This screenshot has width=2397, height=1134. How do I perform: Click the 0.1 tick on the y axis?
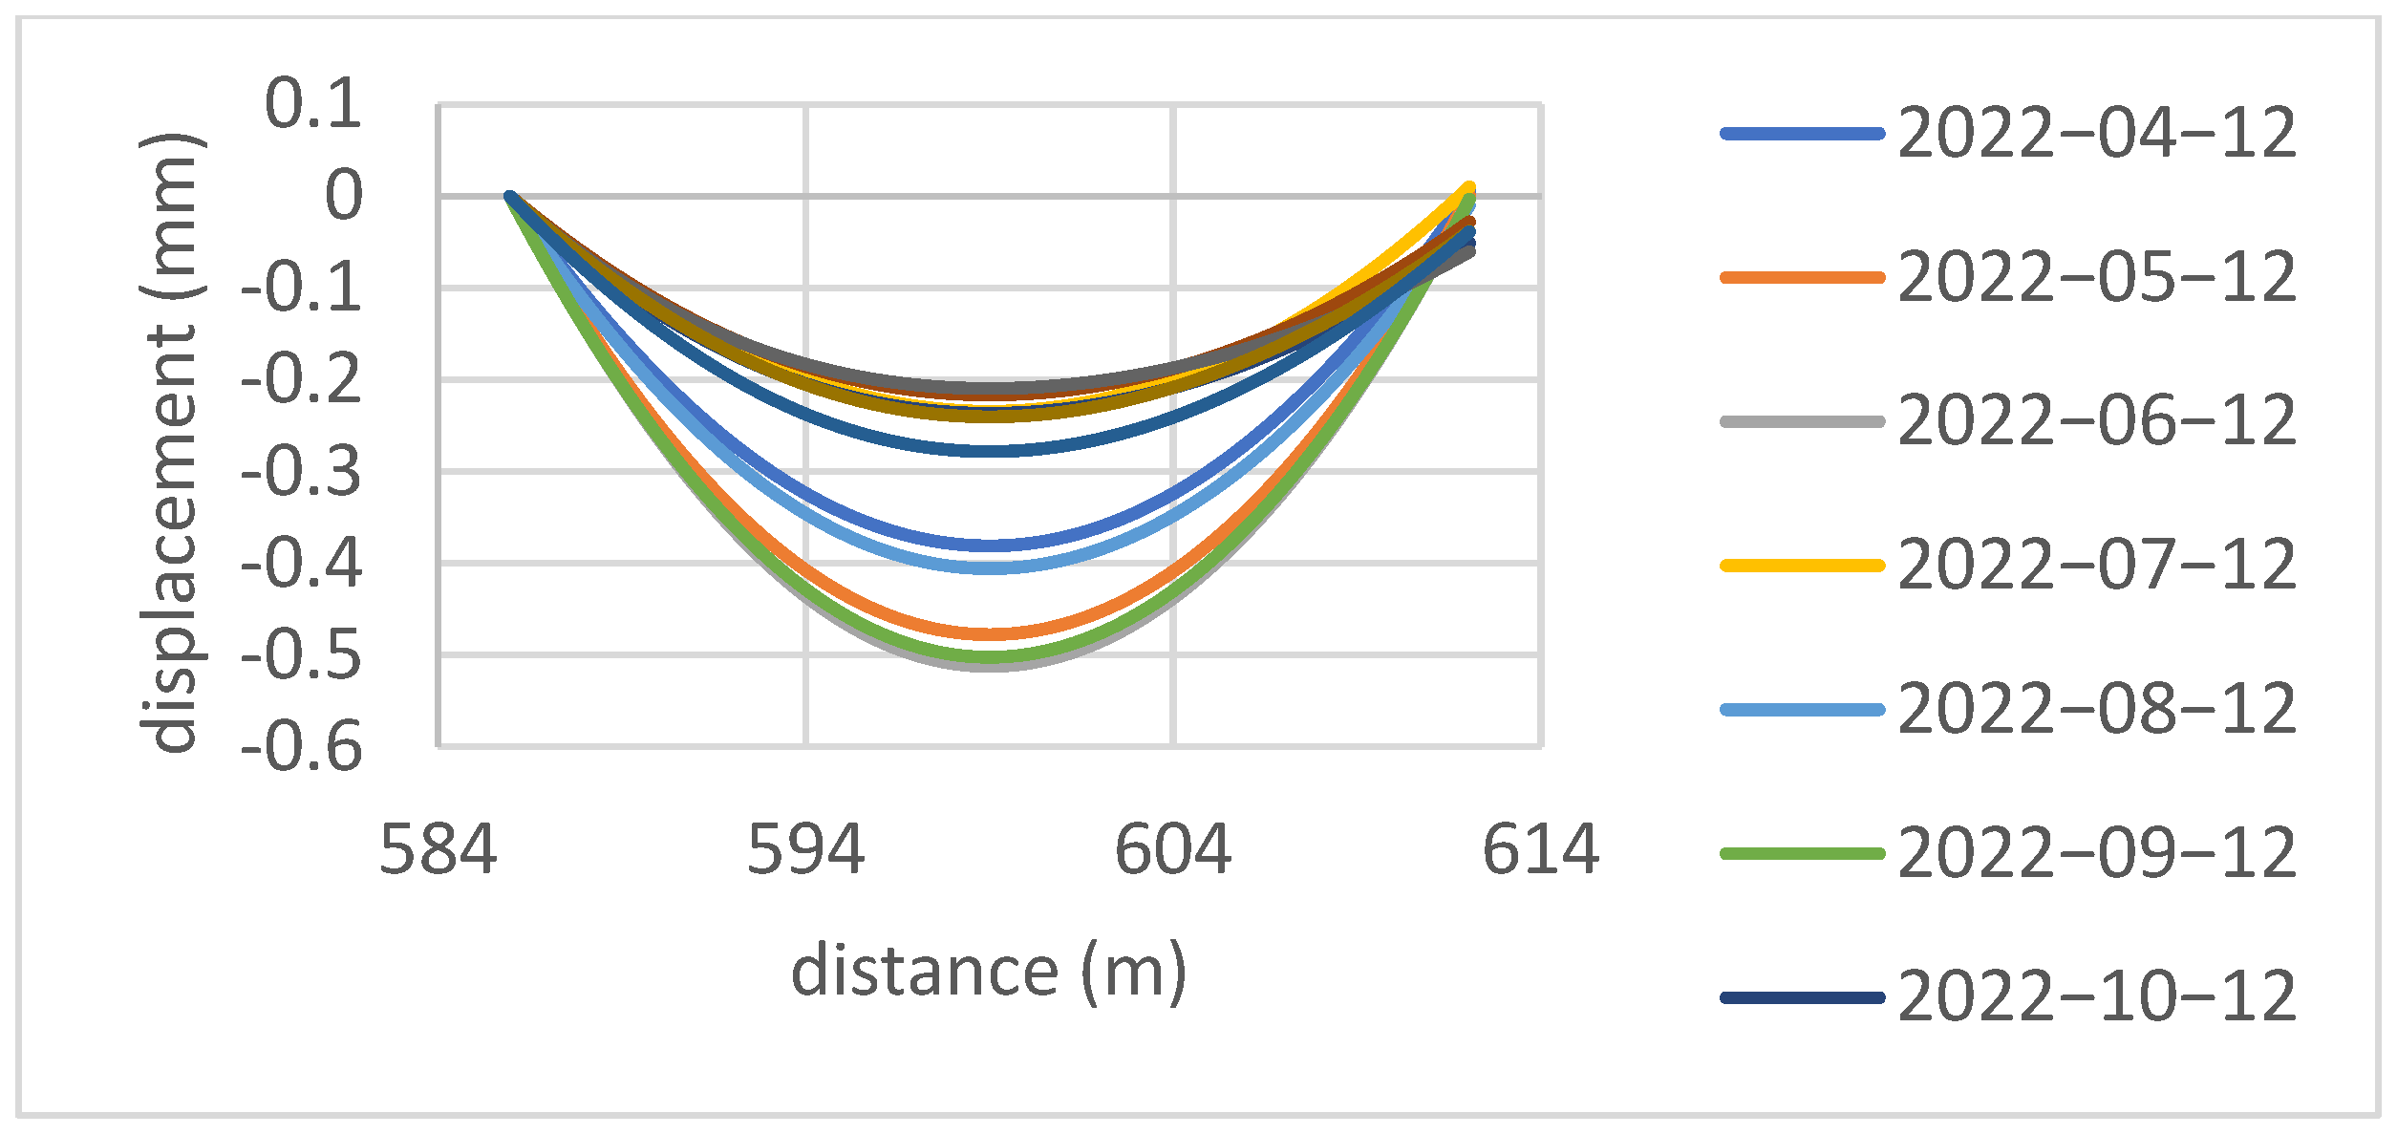[x=313, y=103]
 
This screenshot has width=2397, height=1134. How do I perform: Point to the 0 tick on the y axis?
[x=344, y=196]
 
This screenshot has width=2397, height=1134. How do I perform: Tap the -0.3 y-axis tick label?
[x=302, y=471]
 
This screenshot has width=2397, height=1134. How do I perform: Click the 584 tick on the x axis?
[x=439, y=849]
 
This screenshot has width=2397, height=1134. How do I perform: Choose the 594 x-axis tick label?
[x=805, y=849]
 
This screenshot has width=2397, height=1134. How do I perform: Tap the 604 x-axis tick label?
[x=1173, y=849]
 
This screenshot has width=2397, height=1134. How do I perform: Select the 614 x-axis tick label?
[x=1540, y=849]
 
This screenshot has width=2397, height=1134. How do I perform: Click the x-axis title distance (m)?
[x=989, y=972]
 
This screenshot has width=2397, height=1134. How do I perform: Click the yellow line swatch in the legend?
[x=1802, y=566]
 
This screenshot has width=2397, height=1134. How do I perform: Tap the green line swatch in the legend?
[x=1802, y=853]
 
